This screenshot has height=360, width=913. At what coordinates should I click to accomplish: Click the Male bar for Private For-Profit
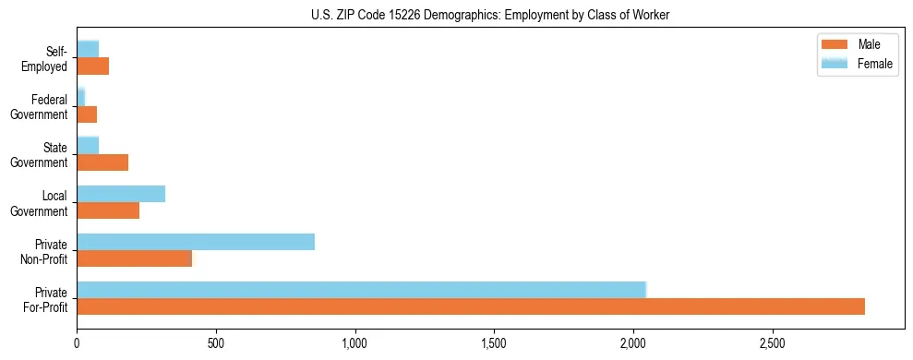[x=471, y=306]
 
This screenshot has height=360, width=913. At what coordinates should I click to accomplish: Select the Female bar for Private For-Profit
[x=361, y=290]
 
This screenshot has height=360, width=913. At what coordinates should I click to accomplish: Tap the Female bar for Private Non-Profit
[x=196, y=242]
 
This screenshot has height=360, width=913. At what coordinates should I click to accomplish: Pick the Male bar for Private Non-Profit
[x=135, y=258]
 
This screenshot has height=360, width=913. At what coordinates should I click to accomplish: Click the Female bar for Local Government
[x=121, y=194]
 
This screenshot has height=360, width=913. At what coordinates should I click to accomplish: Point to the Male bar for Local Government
[x=108, y=210]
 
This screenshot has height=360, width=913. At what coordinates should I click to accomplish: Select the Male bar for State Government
[x=102, y=162]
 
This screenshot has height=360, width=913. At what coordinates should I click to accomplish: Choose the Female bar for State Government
[x=88, y=146]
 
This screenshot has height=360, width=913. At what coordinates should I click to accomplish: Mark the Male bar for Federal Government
[x=87, y=114]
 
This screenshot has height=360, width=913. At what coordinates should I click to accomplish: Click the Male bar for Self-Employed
[x=92, y=66]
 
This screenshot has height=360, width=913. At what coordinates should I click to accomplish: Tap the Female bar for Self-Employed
[x=88, y=50]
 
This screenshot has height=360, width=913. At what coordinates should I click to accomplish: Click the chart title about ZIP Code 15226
[x=490, y=15]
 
